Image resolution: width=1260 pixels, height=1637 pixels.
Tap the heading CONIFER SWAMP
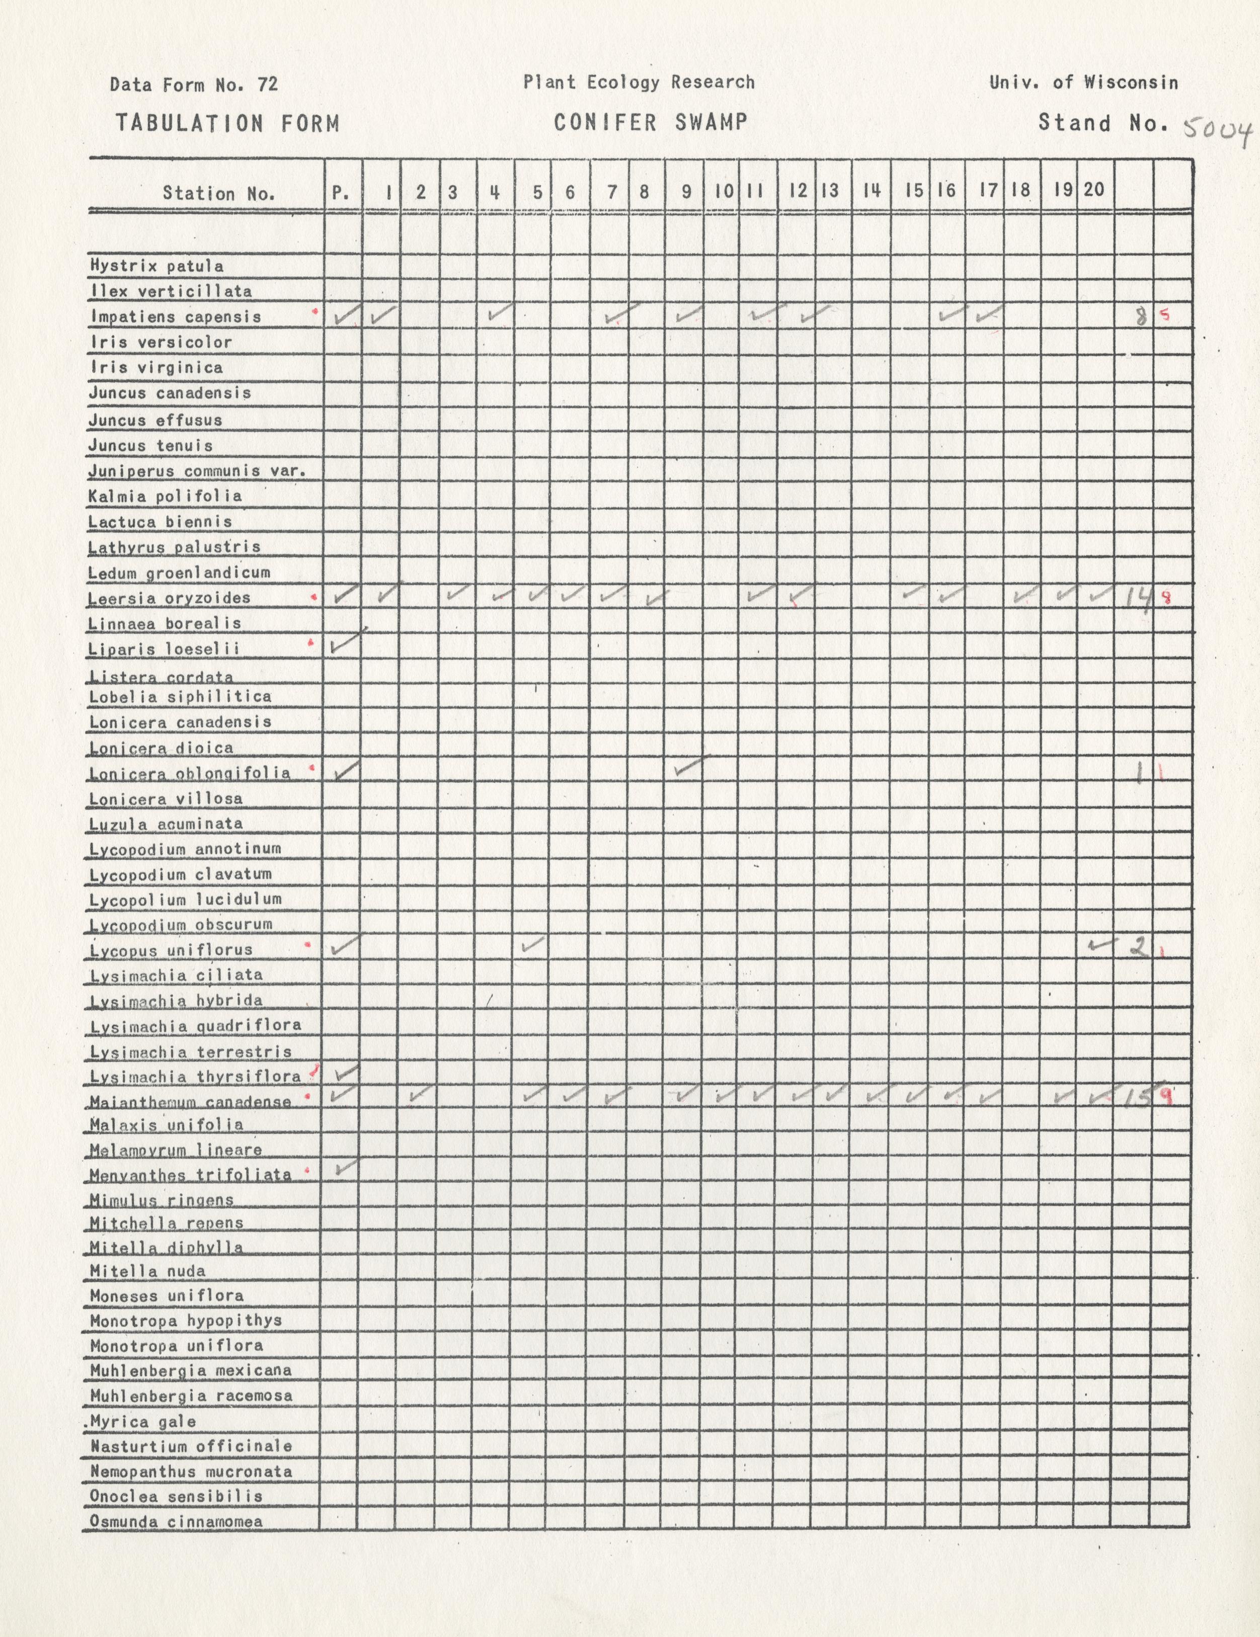[651, 122]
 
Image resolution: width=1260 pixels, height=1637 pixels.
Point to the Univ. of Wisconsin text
[1083, 83]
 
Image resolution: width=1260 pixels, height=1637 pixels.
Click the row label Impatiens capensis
[176, 316]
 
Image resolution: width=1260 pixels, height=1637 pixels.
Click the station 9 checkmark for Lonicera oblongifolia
[689, 767]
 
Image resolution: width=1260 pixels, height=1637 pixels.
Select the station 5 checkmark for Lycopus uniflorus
[532, 944]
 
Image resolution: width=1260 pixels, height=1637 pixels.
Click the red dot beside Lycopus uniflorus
[306, 946]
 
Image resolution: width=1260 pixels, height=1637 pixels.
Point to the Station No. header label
[219, 193]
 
